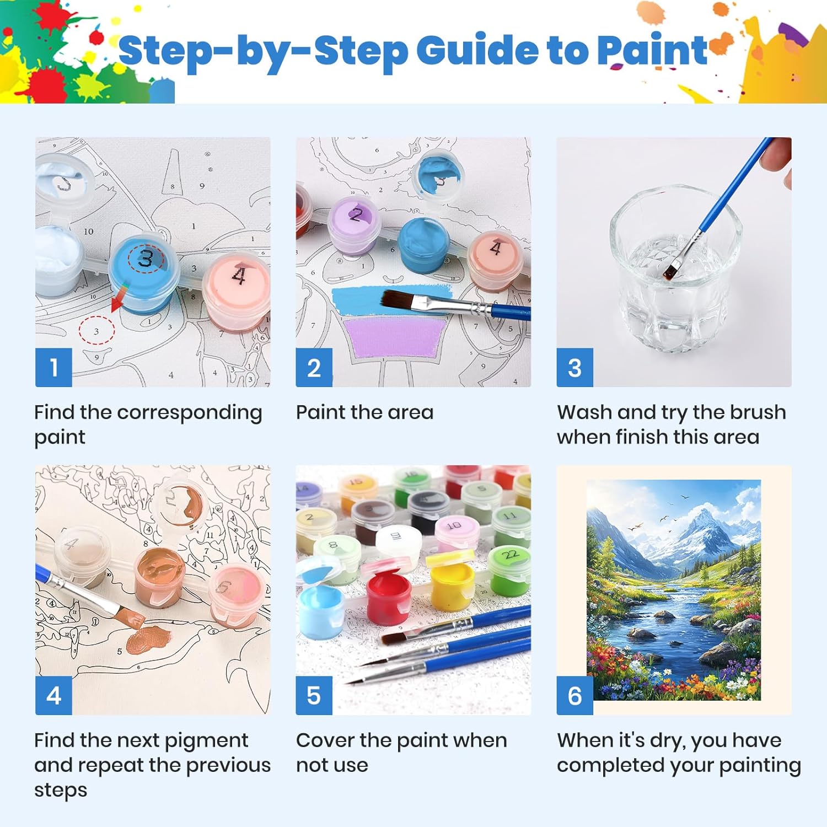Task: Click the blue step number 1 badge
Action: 53,367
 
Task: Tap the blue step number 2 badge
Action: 314,367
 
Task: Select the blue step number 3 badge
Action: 574,367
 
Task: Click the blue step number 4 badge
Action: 53,695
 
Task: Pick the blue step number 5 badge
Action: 314,695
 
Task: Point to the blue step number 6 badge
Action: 574,695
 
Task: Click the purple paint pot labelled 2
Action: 353,227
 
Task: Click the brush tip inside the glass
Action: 670,271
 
